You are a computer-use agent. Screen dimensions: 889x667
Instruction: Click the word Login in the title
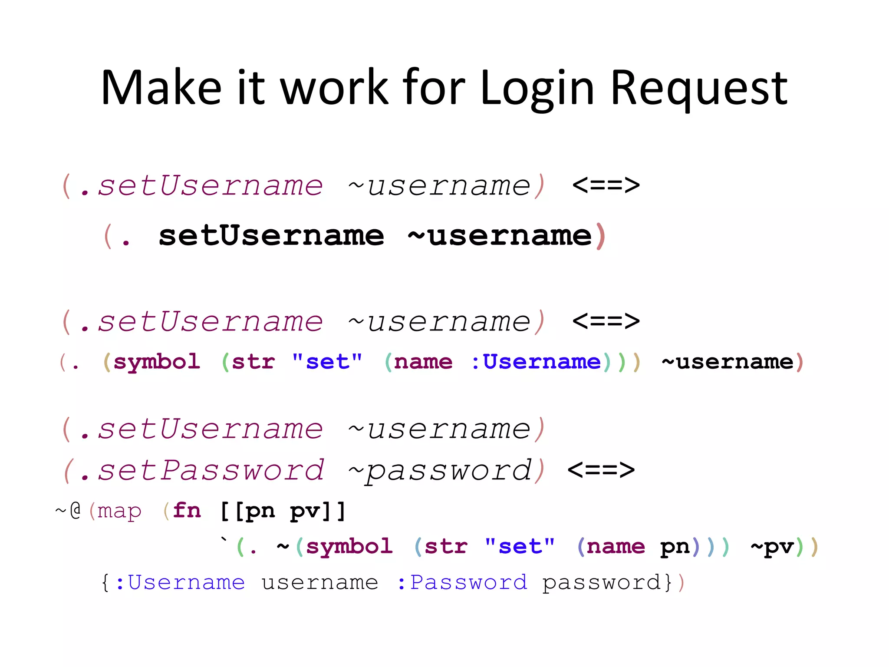pyautogui.click(x=537, y=88)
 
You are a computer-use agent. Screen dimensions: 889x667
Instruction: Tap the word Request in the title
pyautogui.click(x=699, y=88)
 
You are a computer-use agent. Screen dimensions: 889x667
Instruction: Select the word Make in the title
pyautogui.click(x=161, y=88)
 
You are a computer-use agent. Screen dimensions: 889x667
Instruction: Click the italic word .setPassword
pyautogui.click(x=202, y=470)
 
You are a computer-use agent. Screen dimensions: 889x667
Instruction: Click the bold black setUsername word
pyautogui.click(x=271, y=236)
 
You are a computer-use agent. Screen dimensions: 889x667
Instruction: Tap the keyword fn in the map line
pyautogui.click(x=187, y=510)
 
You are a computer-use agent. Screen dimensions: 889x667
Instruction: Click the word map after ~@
pyautogui.click(x=119, y=512)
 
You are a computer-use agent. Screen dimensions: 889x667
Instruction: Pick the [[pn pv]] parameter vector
pyautogui.click(x=283, y=511)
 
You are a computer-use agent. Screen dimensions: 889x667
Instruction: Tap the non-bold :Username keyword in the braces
pyautogui.click(x=180, y=582)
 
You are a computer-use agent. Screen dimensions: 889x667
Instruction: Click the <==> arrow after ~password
pyautogui.click(x=601, y=470)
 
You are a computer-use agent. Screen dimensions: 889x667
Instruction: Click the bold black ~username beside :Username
pyautogui.click(x=728, y=362)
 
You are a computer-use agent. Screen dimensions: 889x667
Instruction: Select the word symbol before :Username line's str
pyautogui.click(x=157, y=362)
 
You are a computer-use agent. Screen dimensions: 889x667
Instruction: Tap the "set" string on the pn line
pyautogui.click(x=520, y=546)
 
